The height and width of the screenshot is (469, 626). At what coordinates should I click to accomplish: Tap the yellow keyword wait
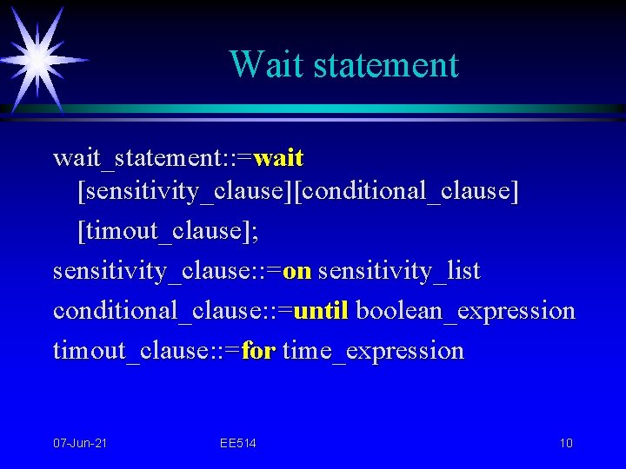pyautogui.click(x=279, y=158)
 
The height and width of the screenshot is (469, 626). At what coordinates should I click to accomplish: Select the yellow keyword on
pyautogui.click(x=297, y=271)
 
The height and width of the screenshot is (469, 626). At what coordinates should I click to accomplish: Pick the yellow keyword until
pyautogui.click(x=321, y=310)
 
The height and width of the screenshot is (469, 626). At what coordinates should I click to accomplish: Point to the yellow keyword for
pyautogui.click(x=258, y=351)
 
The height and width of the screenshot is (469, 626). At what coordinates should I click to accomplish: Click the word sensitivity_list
pyautogui.click(x=399, y=271)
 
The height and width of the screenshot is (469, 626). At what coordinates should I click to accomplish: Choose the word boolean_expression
pyautogui.click(x=466, y=310)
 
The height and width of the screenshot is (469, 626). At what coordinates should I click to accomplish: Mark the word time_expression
pyautogui.click(x=374, y=351)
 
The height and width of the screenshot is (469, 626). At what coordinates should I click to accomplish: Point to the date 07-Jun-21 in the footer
pyautogui.click(x=81, y=444)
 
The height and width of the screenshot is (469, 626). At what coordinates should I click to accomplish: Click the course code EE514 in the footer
pyautogui.click(x=238, y=444)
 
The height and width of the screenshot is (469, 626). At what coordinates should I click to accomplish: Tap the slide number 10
pyautogui.click(x=566, y=444)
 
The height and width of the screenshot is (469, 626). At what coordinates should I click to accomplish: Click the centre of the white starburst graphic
pyautogui.click(x=37, y=58)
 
